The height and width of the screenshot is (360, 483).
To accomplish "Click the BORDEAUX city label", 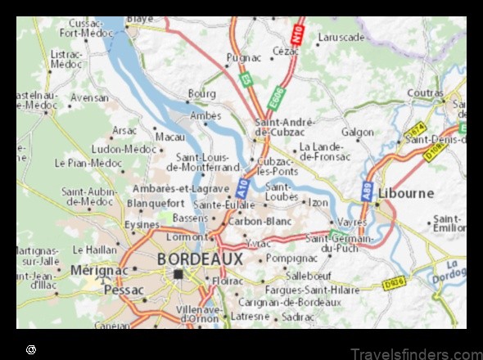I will (199, 259).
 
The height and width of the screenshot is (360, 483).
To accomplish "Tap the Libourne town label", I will (405, 193).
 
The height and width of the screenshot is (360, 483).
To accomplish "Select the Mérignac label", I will (100, 269).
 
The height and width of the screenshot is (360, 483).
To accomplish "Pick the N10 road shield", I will (296, 35).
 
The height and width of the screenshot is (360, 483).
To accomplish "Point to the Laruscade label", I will (341, 38).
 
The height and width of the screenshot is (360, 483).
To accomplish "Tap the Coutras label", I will (425, 93).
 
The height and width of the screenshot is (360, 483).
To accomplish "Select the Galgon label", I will (357, 132).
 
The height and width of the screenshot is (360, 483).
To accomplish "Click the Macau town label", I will (169, 137).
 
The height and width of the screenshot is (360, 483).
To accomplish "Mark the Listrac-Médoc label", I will (67, 59).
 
